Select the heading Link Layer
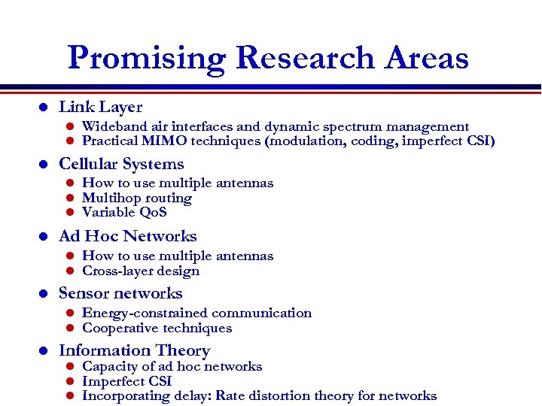coord(100,108)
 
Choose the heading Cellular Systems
coord(121,164)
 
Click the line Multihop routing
coord(136,198)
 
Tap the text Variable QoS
coord(124,212)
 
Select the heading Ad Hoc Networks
coord(127,236)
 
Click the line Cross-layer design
coord(140,271)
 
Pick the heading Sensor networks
coord(120,293)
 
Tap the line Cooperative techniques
coord(157,328)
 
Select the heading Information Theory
coord(134,350)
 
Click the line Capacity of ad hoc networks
coord(172,366)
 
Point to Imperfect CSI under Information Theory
coord(126,381)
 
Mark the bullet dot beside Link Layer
coord(44,108)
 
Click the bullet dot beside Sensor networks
coord(44,294)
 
